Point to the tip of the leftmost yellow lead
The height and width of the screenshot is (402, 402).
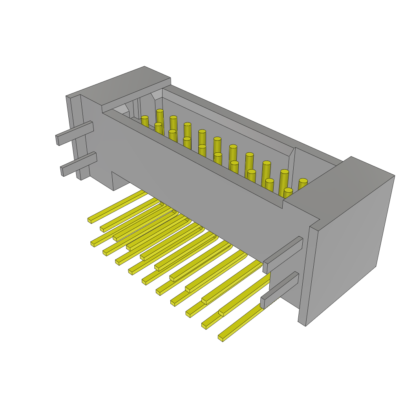tap(90, 220)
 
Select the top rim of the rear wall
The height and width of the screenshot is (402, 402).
tap(251, 122)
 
